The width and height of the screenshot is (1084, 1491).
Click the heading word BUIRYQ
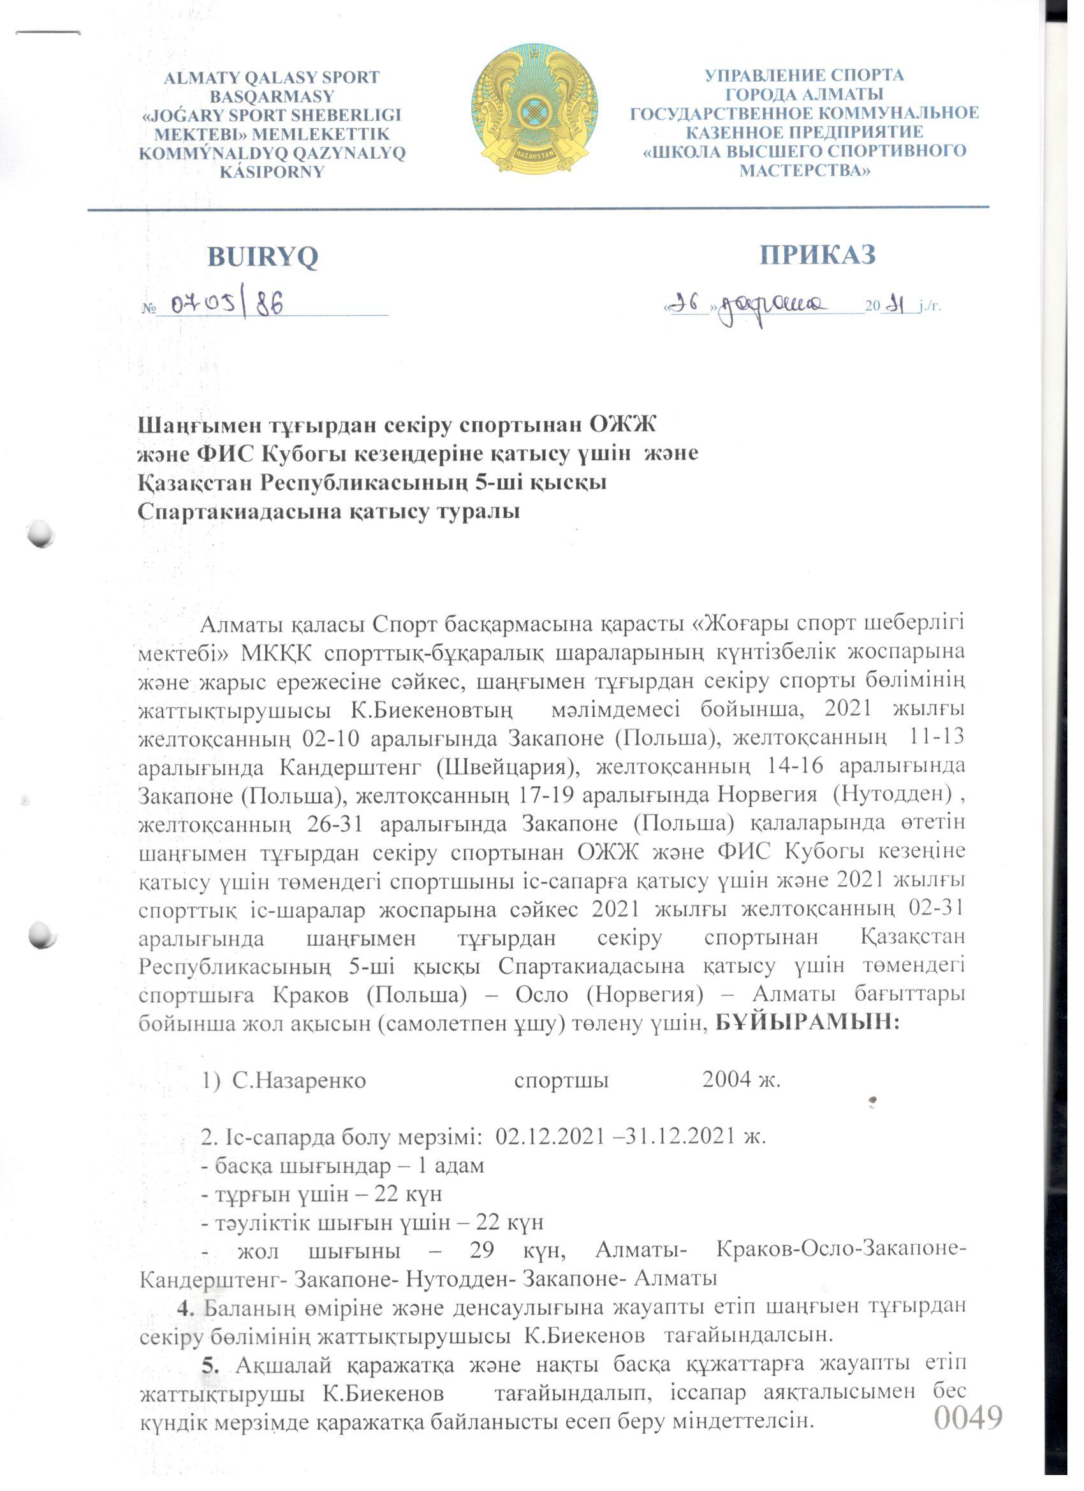click(x=262, y=257)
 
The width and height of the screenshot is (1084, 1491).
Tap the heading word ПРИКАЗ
click(x=817, y=254)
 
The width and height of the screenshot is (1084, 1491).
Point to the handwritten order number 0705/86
click(x=227, y=304)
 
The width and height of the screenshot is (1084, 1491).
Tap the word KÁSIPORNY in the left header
click(x=272, y=172)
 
